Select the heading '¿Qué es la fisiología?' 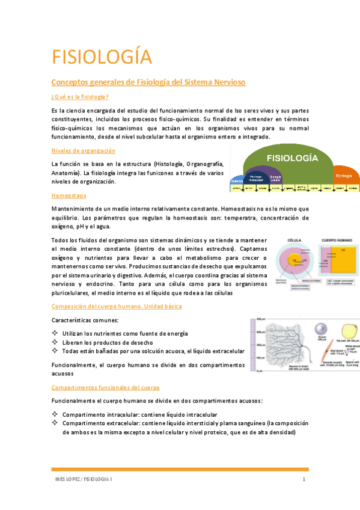coord(80,97)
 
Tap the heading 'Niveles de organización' coord(83,150)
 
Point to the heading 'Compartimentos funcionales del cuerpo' coord(105,387)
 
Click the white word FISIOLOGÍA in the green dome coord(292,158)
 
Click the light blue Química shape coord(236,180)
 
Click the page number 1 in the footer coord(305,479)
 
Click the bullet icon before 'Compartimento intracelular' coord(55,414)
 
